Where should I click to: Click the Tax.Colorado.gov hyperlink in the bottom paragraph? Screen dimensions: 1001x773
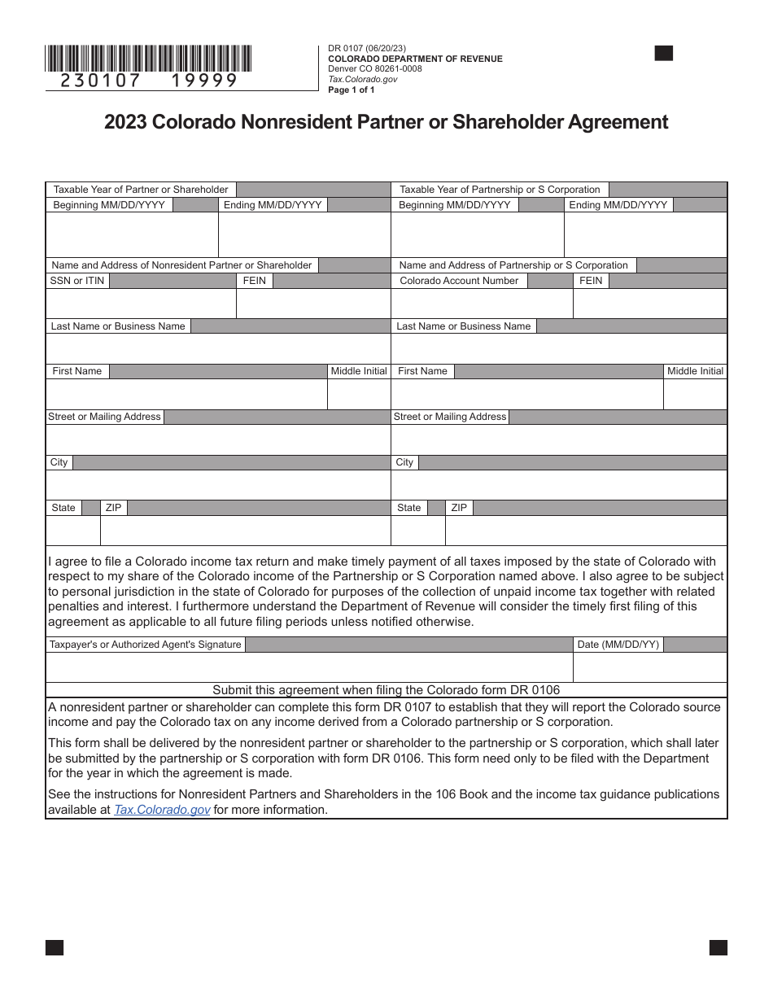coord(163,810)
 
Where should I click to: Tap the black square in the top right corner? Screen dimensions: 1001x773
coord(664,54)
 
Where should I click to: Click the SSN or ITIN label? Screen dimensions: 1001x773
coord(77,281)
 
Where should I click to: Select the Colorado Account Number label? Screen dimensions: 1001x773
coord(459,281)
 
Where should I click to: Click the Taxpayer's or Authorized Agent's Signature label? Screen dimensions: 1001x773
coord(146,645)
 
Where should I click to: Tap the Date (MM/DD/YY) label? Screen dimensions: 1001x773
coord(618,645)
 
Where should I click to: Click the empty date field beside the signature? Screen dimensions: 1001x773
coord(649,667)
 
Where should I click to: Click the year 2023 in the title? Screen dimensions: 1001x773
coord(126,122)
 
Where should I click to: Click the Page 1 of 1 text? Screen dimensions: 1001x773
coord(352,90)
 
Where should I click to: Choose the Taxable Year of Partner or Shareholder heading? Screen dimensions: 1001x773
coord(141,190)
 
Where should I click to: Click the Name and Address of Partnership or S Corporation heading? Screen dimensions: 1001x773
coord(513,265)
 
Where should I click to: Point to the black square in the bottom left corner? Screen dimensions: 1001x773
coord(55,947)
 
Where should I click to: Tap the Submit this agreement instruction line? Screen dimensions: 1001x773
coord(386,689)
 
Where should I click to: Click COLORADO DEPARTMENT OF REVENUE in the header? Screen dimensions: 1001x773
coord(415,59)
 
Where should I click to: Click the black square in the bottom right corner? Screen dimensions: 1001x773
coord(718,947)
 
